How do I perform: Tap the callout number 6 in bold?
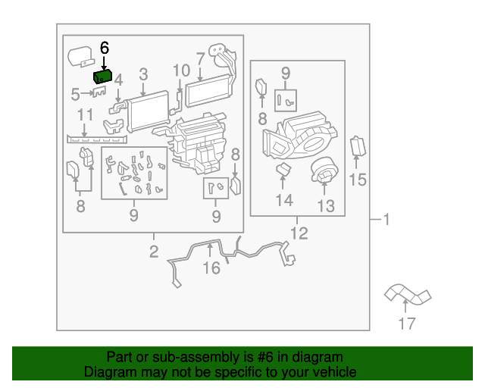[x=104, y=48]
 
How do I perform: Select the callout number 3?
[x=142, y=74]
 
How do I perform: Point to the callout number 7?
[x=200, y=58]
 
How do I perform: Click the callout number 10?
[x=180, y=71]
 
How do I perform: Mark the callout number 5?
[x=76, y=94]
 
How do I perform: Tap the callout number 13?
[x=325, y=205]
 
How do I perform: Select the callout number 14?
[x=283, y=200]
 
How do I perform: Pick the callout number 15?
[x=357, y=179]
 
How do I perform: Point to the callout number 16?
[x=211, y=268]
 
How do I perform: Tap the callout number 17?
[x=407, y=324]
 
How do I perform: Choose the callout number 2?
[x=154, y=251]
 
